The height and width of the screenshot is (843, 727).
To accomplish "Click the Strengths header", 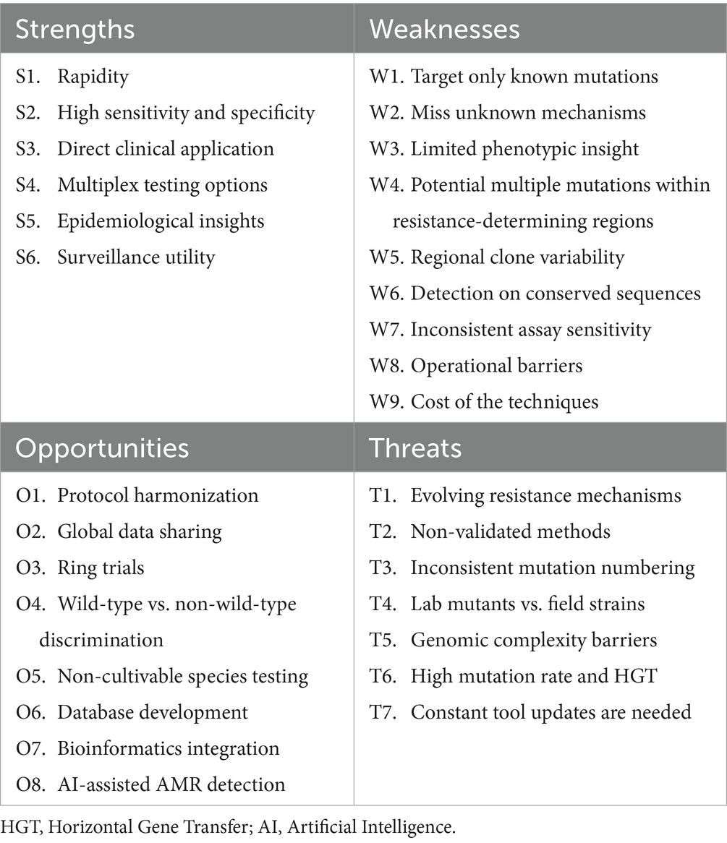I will point(75,30).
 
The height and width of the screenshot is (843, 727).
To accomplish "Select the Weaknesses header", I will point(444,30).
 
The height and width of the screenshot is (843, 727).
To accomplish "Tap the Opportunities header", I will point(102,448).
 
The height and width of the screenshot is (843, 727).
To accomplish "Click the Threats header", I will point(415,448).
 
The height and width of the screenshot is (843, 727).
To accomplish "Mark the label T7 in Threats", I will point(382,713).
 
